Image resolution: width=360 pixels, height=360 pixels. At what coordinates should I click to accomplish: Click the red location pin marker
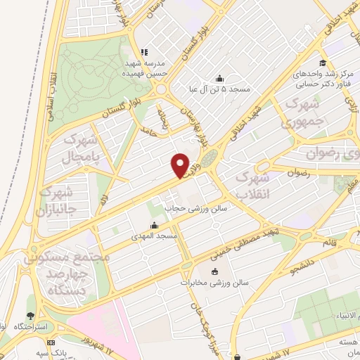point(181,165)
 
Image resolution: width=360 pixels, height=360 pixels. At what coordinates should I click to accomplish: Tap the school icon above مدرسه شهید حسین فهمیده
point(145,51)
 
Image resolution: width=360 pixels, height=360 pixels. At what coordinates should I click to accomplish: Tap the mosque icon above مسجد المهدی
point(154,226)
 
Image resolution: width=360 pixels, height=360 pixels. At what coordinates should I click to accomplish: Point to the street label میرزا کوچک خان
point(199,320)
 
